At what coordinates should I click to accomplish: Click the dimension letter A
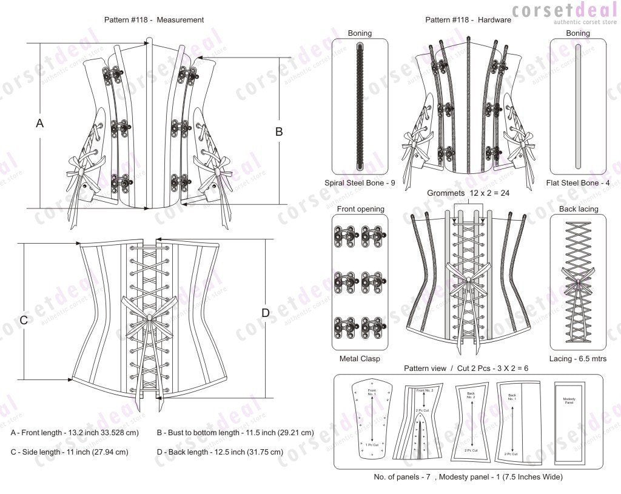(x=40, y=123)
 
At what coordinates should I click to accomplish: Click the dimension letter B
(x=279, y=132)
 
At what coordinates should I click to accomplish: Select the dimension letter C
(x=24, y=320)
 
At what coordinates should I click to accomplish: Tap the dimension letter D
(x=265, y=313)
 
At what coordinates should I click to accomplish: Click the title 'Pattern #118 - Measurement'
(x=154, y=19)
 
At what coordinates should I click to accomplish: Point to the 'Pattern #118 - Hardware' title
(x=468, y=19)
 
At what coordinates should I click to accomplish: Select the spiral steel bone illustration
(x=360, y=107)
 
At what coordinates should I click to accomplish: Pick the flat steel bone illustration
(x=578, y=107)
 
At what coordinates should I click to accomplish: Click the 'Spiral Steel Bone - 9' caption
(x=360, y=182)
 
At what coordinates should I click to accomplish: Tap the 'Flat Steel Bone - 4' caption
(x=578, y=182)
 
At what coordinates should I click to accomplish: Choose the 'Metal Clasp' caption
(x=360, y=358)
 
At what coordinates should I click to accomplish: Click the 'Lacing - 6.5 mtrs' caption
(x=578, y=358)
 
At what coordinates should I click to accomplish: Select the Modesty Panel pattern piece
(x=569, y=418)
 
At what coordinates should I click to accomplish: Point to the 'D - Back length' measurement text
(x=220, y=452)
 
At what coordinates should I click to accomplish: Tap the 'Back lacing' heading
(x=578, y=209)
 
